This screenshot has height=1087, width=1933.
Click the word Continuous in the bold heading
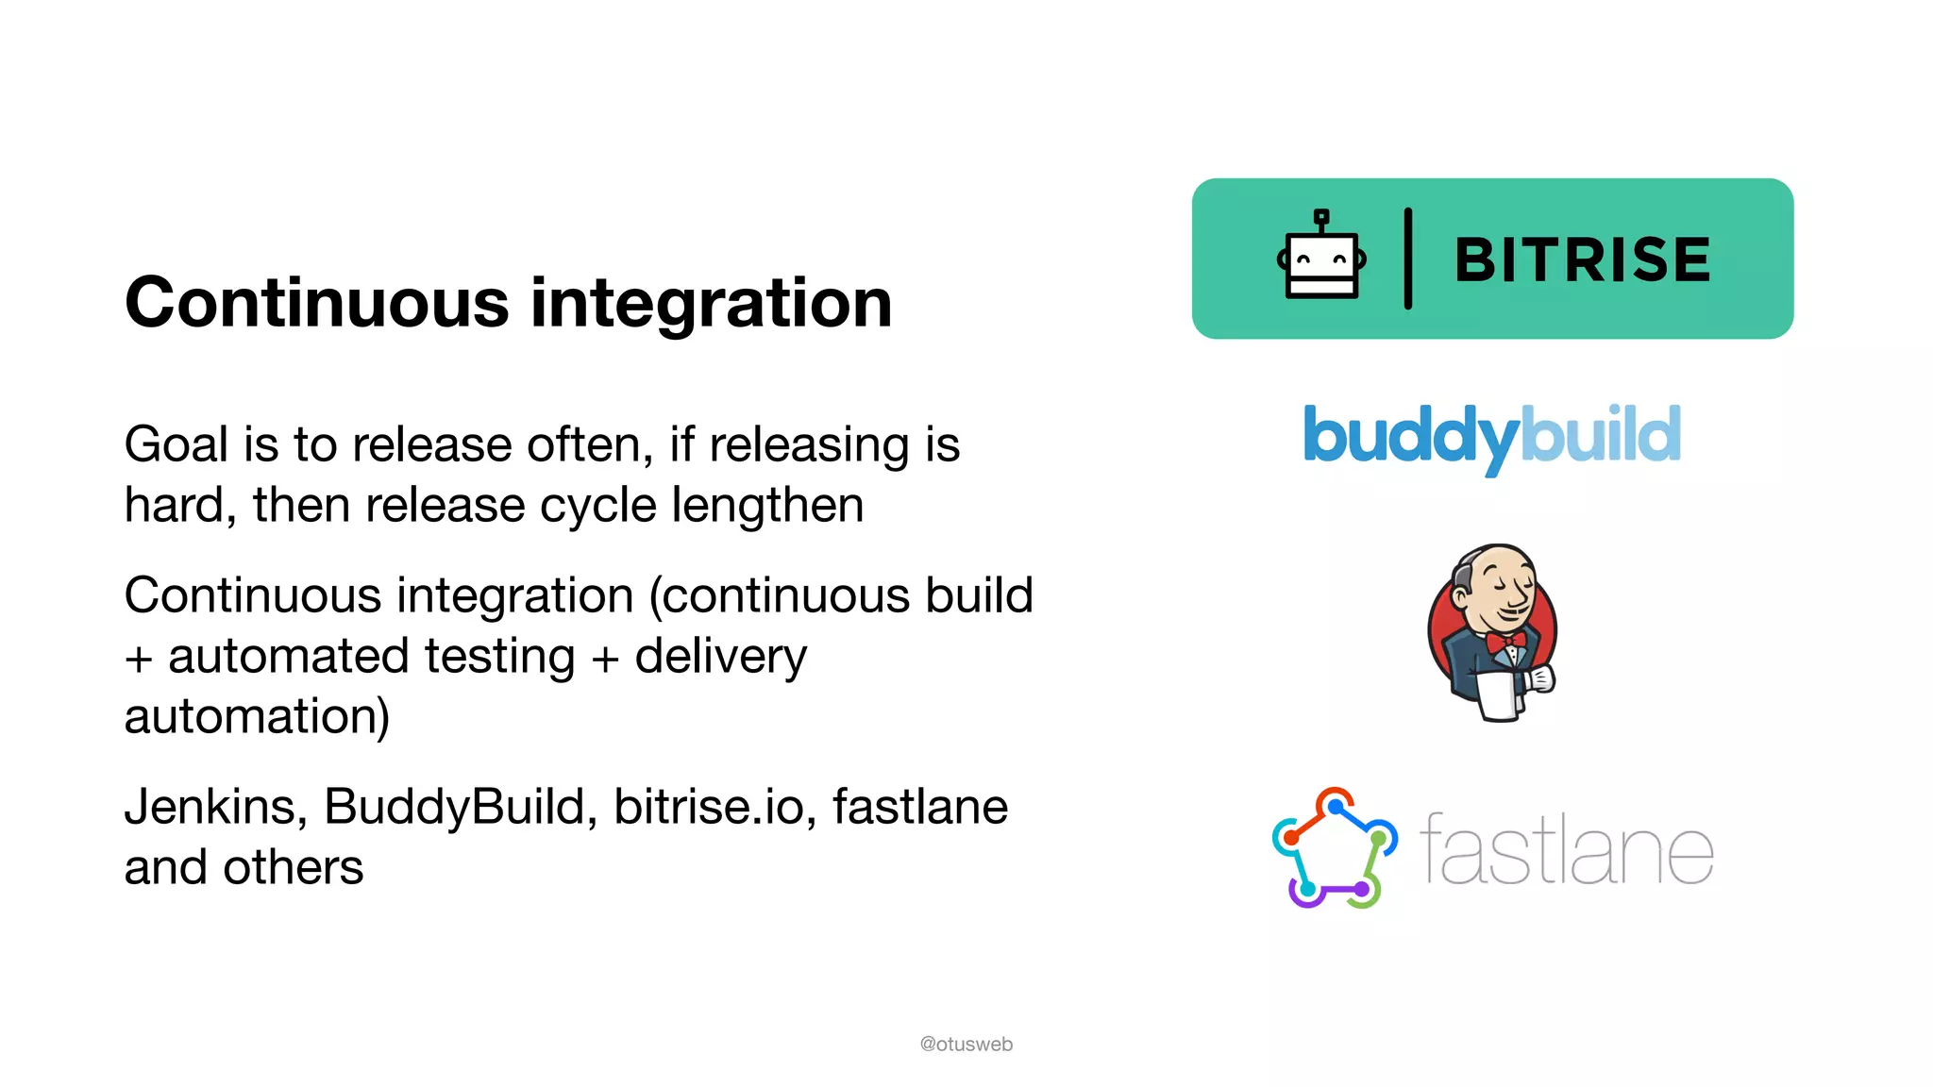pyautogui.click(x=317, y=304)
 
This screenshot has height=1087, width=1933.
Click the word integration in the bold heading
pyautogui.click(x=711, y=304)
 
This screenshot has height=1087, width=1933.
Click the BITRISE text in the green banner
pyautogui.click(x=1583, y=260)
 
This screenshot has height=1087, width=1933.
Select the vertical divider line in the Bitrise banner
pyautogui.click(x=1408, y=259)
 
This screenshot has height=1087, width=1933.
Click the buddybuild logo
pyautogui.click(x=1491, y=436)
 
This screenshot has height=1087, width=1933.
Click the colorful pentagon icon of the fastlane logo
pyautogui.click(x=1335, y=848)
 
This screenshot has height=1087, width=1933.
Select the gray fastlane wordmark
pyautogui.click(x=1567, y=851)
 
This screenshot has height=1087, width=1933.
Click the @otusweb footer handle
pyautogui.click(x=966, y=1044)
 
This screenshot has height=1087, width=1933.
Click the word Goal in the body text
pyautogui.click(x=176, y=444)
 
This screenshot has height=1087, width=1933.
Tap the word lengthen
pyautogui.click(x=767, y=505)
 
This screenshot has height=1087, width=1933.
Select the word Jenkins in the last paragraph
pyautogui.click(x=216, y=807)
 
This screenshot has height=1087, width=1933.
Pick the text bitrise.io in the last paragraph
pyautogui.click(x=714, y=807)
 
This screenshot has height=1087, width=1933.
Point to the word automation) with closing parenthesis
pyautogui.click(x=257, y=716)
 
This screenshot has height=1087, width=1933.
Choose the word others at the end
pyautogui.click(x=293, y=867)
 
